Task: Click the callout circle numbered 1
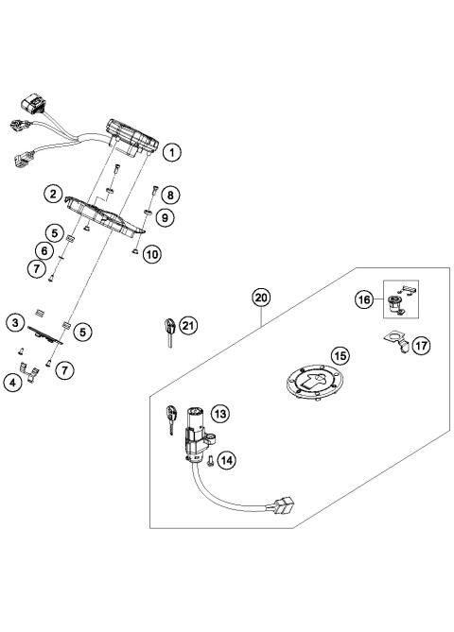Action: (172, 150)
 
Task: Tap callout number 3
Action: (16, 323)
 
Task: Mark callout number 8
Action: (170, 196)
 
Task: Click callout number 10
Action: (152, 254)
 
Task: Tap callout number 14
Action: (224, 460)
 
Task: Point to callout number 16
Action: (363, 299)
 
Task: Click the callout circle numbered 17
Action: (421, 346)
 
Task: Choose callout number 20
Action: (261, 297)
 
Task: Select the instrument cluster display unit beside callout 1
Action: (132, 136)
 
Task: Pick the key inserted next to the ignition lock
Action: (172, 418)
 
